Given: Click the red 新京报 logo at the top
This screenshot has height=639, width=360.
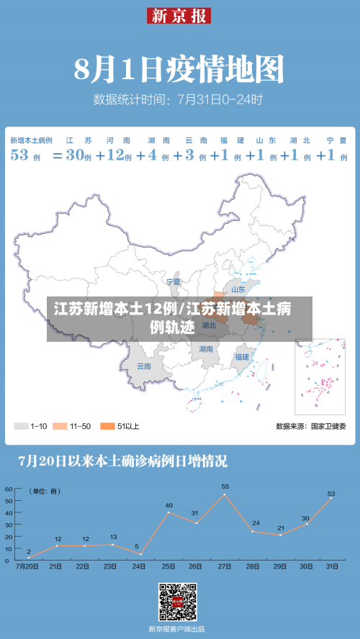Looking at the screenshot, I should coord(179,15).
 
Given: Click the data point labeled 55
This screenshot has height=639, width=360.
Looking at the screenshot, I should coord(225,494).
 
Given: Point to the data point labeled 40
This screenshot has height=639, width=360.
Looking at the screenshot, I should coord(168,512).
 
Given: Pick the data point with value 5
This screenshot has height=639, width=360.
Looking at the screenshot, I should coord(140,553).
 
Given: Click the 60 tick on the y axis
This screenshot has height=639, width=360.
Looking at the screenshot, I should coord(9,489).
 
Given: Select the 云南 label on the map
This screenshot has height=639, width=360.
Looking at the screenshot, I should coord(144,366).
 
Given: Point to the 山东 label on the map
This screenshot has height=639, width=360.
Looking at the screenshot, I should coord(238,290).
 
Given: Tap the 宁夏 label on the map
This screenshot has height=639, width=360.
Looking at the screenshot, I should coord(174,281).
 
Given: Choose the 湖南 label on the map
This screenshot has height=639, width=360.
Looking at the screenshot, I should coord(207,349).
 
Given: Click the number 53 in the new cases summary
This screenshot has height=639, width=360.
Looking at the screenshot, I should coord(19,155).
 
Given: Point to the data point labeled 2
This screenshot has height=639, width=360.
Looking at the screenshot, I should coord(29,558).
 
